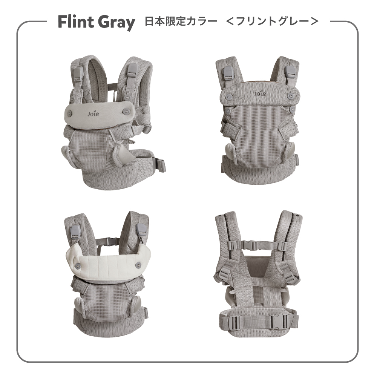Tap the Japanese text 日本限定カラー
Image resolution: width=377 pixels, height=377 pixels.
[x=180, y=21]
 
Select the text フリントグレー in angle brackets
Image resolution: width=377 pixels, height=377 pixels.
[x=273, y=21]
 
